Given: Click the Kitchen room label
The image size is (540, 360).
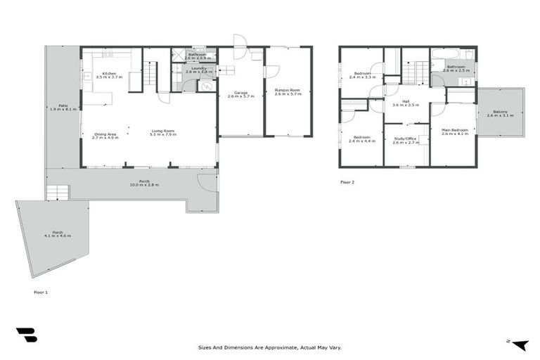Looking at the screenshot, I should click(x=109, y=74).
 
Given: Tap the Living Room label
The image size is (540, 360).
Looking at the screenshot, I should click(x=162, y=131).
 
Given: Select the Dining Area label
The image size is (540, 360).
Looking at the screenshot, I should click(x=105, y=134).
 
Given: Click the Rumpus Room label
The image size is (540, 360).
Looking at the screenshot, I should click(x=287, y=91).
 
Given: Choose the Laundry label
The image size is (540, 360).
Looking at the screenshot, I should click(x=198, y=68).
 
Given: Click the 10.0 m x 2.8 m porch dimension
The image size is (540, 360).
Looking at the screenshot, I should click(x=144, y=185).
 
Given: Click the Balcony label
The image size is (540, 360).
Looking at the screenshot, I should click(x=500, y=112).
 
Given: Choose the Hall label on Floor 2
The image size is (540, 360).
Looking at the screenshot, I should click(x=406, y=102).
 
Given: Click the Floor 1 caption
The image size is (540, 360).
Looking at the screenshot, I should click(x=41, y=291).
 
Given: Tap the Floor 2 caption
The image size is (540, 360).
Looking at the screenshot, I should click(x=347, y=182).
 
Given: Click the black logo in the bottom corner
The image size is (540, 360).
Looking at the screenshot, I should click(x=26, y=335).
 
